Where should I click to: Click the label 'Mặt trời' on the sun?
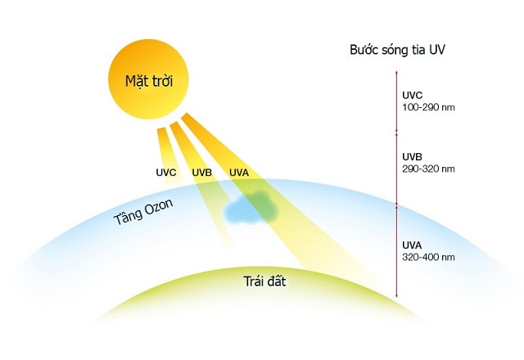click(x=150, y=81)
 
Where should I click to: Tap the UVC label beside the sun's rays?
click(x=166, y=173)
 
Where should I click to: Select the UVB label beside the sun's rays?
click(x=201, y=173)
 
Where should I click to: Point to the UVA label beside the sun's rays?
click(x=238, y=173)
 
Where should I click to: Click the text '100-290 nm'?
click(x=427, y=107)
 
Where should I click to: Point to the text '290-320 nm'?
click(x=427, y=169)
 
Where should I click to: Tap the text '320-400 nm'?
click(x=427, y=257)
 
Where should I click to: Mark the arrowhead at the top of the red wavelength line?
click(x=396, y=73)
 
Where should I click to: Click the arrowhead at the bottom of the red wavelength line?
click(x=396, y=297)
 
